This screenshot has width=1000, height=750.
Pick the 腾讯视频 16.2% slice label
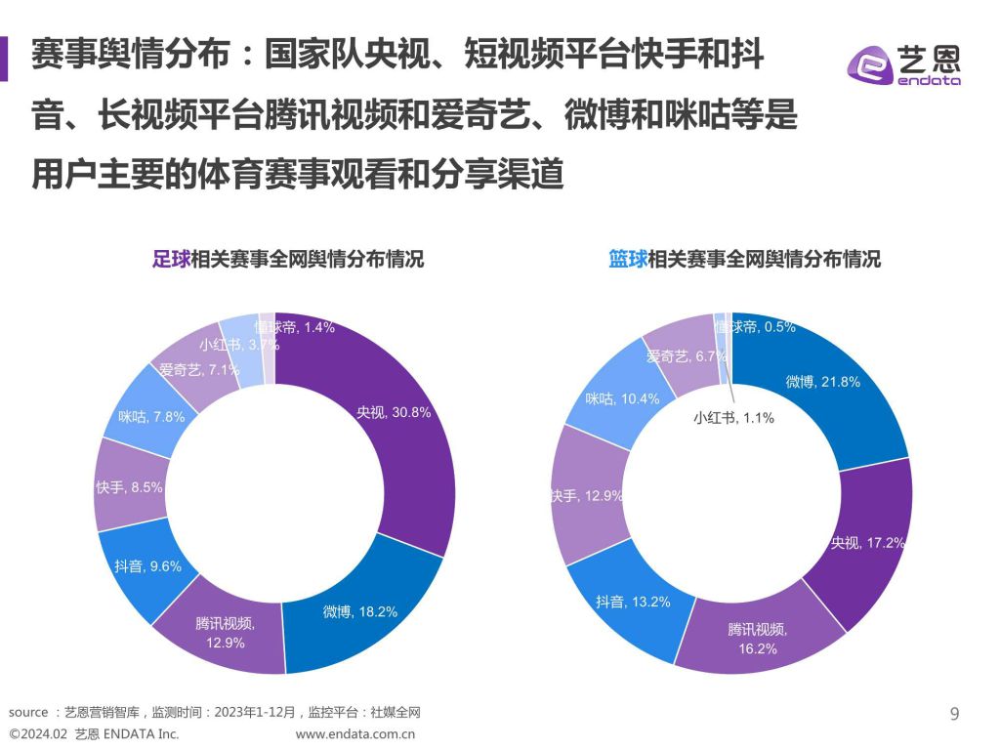(752, 639)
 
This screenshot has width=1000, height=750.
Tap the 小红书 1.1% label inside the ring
(733, 418)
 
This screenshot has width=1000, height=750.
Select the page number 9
(954, 714)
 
